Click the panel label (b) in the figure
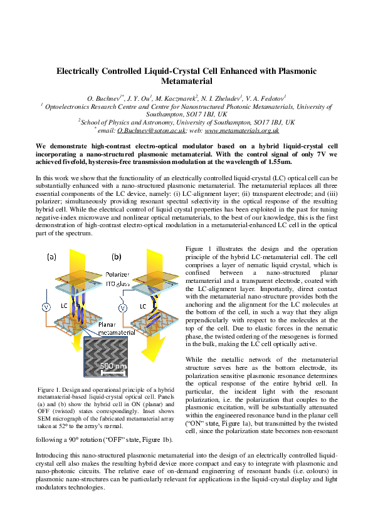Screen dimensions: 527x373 pos(117,257)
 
